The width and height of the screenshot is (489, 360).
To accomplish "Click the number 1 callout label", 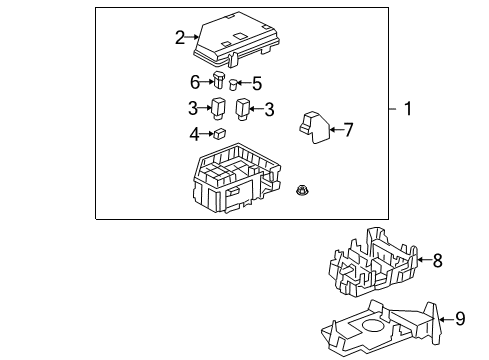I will click(407, 109).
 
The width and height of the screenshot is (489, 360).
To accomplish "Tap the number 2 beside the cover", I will click(180, 38).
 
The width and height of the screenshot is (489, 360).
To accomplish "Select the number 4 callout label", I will click(194, 133).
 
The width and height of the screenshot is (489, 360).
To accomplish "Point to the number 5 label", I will click(256, 84).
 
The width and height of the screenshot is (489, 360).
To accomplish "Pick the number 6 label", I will click(195, 82).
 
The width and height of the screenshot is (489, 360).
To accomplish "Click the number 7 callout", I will click(349, 128).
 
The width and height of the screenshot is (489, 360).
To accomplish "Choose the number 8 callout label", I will click(436, 260).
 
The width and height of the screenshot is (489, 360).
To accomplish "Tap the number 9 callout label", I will click(459, 319).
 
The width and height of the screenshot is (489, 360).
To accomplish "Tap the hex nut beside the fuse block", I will click(302, 191).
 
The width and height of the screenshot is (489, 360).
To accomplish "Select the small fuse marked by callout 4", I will click(218, 132).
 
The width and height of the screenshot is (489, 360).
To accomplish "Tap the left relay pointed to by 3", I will click(217, 107).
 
